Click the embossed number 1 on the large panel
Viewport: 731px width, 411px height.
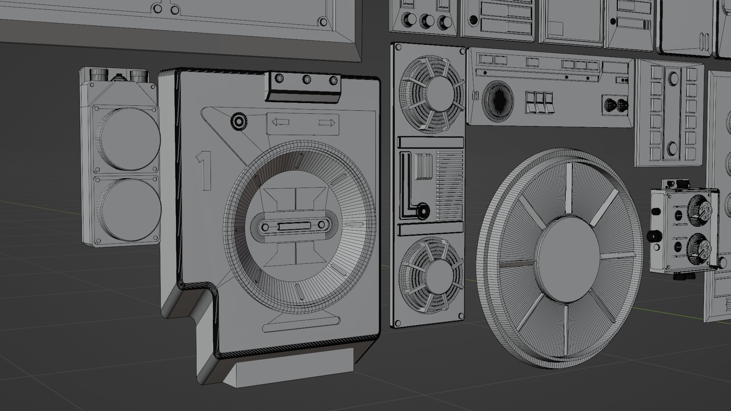tap(204, 170)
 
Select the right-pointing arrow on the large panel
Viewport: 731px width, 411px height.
tap(327, 123)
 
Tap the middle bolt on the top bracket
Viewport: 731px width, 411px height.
tap(306, 80)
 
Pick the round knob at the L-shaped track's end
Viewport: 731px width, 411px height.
tap(422, 210)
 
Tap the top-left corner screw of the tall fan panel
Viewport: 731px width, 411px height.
tap(399, 48)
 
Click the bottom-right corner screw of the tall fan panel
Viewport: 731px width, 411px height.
tap(461, 315)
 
